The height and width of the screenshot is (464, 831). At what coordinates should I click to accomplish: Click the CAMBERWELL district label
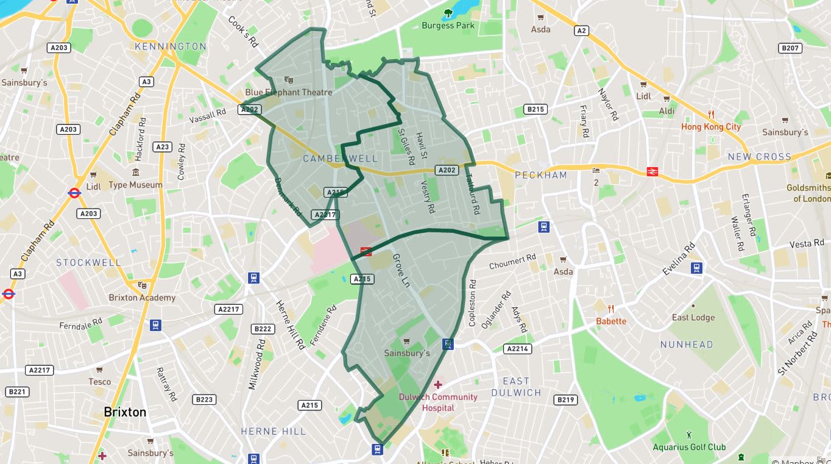click(x=340, y=159)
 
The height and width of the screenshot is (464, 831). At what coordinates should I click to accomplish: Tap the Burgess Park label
click(x=448, y=26)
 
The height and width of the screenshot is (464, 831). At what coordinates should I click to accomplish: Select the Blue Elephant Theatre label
click(x=289, y=92)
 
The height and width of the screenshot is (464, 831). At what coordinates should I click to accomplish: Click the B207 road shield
click(x=790, y=48)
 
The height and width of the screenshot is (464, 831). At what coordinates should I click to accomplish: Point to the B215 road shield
click(x=535, y=109)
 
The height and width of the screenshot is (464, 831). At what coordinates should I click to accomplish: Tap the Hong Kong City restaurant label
click(x=710, y=127)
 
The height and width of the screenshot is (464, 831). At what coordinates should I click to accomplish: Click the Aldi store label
click(x=667, y=111)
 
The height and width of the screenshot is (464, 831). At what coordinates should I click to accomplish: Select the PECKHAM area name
click(x=540, y=175)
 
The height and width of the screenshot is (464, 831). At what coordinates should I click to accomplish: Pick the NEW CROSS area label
click(x=759, y=157)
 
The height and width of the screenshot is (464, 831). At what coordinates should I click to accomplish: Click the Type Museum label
click(x=135, y=185)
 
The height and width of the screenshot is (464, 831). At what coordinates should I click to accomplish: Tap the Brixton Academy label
click(x=142, y=298)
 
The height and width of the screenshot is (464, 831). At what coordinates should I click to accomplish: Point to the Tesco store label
click(x=100, y=382)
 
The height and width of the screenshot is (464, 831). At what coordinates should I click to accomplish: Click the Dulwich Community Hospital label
click(x=438, y=402)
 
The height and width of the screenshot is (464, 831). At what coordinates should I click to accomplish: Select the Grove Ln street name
click(x=401, y=271)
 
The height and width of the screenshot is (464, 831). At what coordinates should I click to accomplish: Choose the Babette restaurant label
click(x=610, y=321)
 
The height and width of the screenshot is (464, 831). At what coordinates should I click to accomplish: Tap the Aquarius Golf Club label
click(x=689, y=447)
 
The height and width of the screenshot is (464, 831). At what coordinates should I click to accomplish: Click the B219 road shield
click(x=565, y=400)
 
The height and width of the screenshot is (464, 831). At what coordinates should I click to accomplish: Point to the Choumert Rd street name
click(x=512, y=262)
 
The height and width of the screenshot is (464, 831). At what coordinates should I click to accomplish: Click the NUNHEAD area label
click(x=686, y=344)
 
